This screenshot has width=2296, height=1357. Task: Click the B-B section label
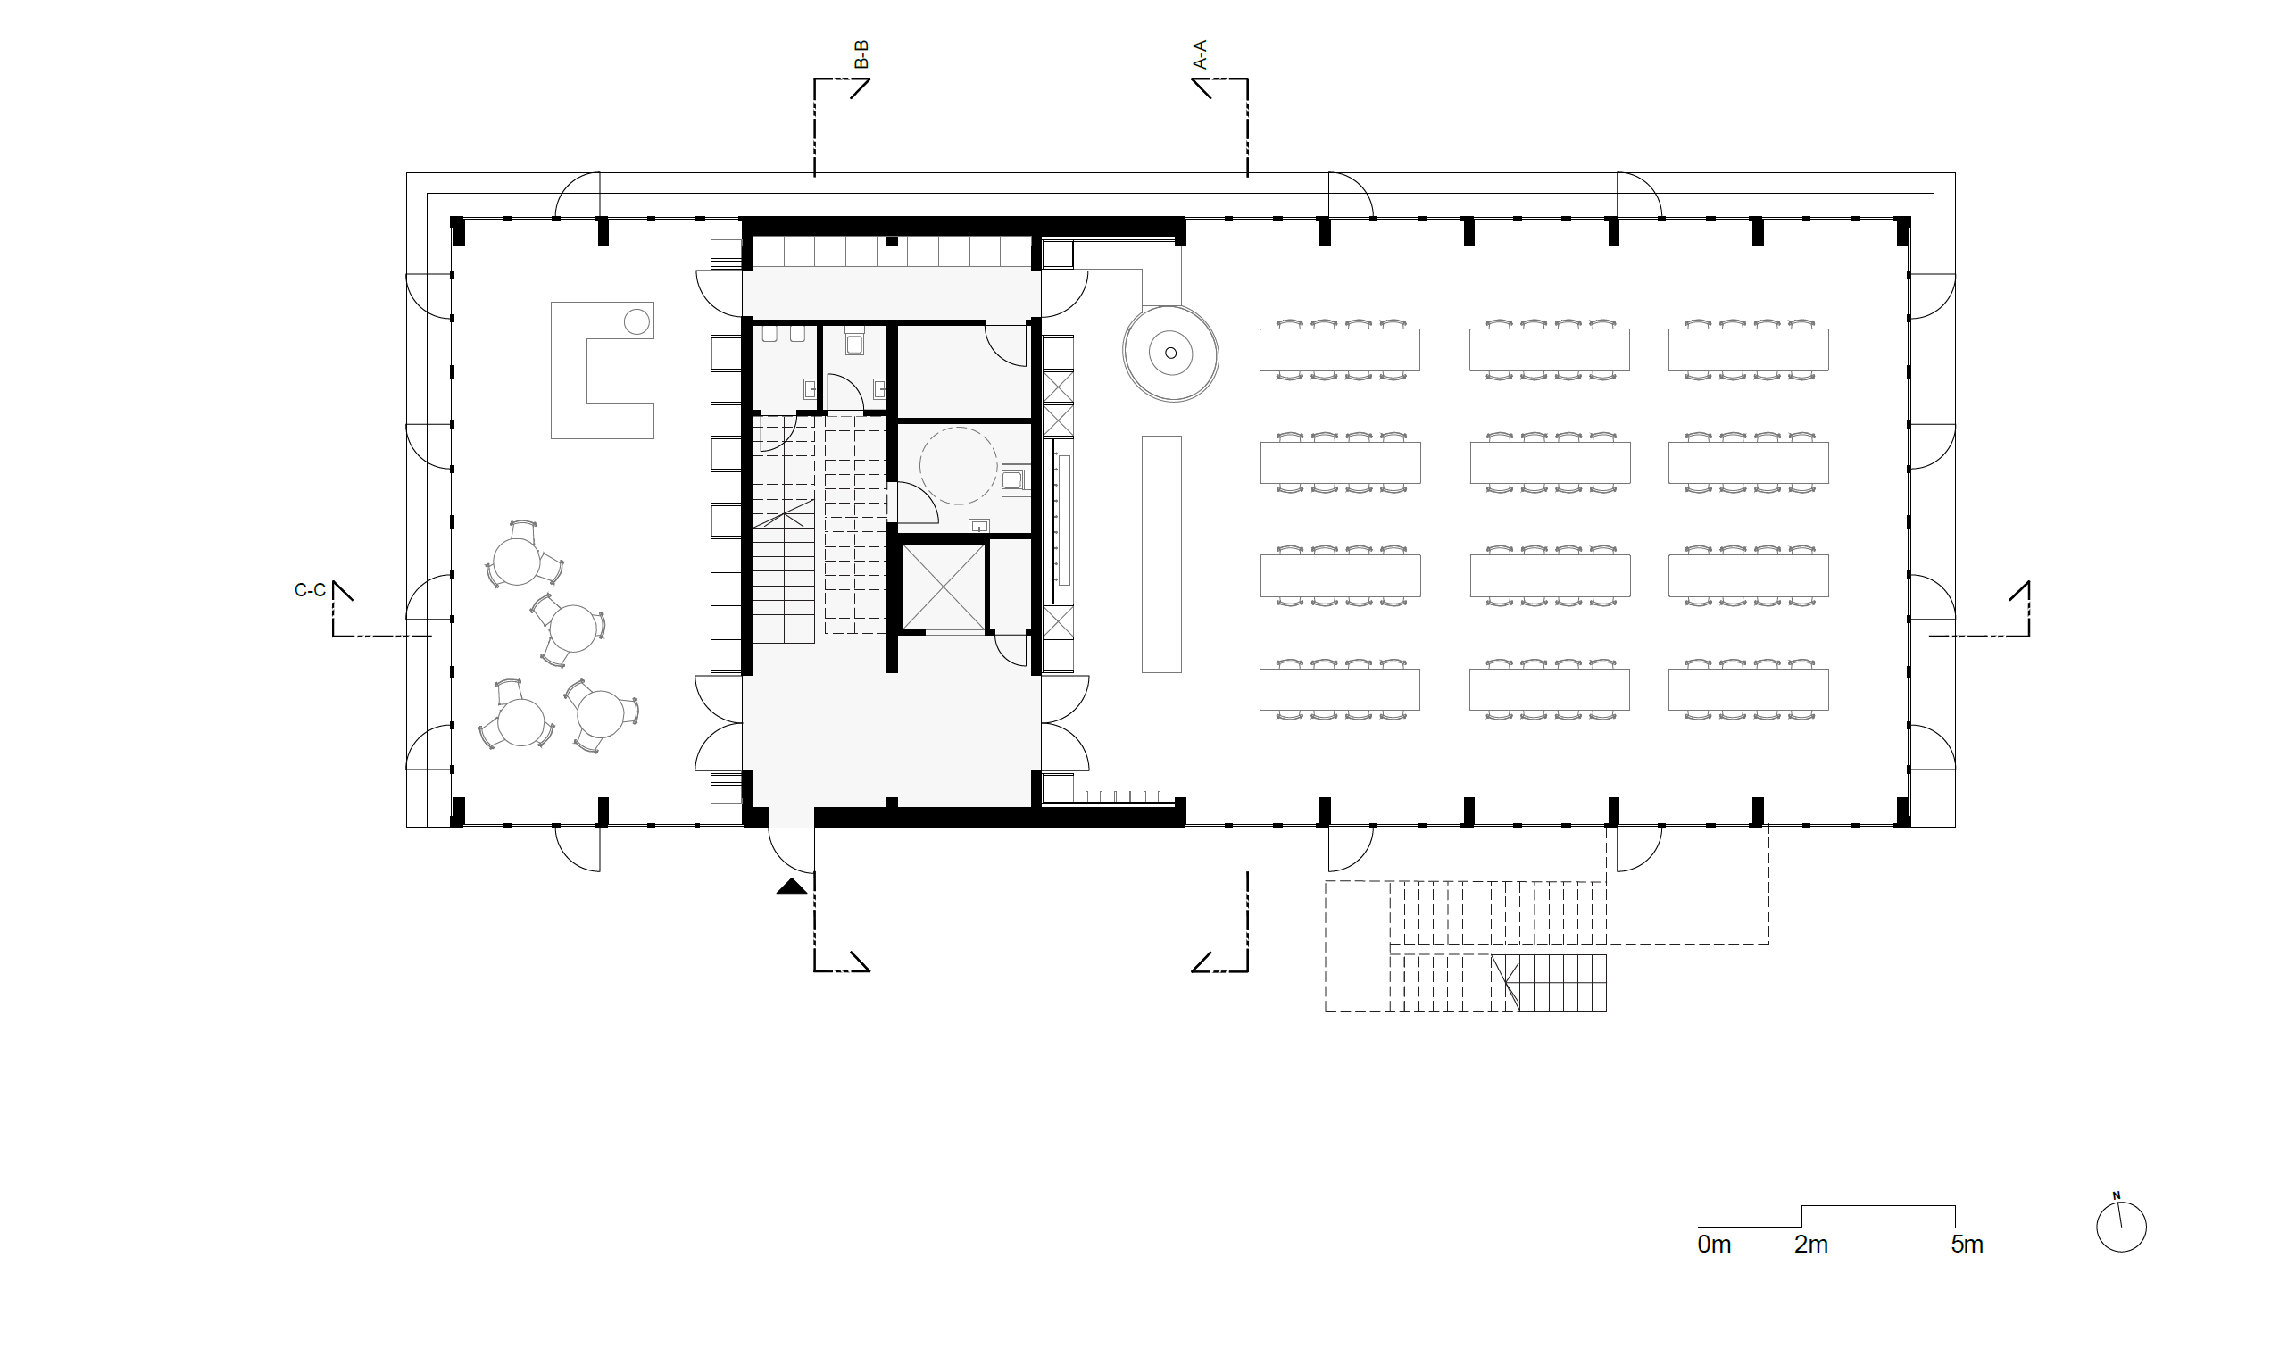(861, 54)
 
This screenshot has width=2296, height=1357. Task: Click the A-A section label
(1200, 54)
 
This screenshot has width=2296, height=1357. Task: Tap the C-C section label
(310, 591)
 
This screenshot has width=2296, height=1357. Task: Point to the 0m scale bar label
(1715, 1245)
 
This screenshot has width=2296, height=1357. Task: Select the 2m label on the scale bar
(1811, 1245)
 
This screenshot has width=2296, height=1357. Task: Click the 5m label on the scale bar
(1967, 1245)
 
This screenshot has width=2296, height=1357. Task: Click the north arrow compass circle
(2121, 1227)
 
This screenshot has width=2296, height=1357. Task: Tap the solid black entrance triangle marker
(792, 887)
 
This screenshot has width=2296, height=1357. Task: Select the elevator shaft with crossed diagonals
(944, 587)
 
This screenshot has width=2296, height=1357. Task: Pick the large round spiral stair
(1170, 353)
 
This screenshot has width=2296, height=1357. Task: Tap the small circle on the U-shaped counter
(636, 321)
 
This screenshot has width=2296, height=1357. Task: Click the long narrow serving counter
(1161, 554)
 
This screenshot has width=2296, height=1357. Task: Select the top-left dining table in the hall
(1340, 349)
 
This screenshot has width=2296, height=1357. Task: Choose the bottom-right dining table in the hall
(1748, 689)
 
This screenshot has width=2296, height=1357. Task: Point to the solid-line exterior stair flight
(1549, 983)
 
